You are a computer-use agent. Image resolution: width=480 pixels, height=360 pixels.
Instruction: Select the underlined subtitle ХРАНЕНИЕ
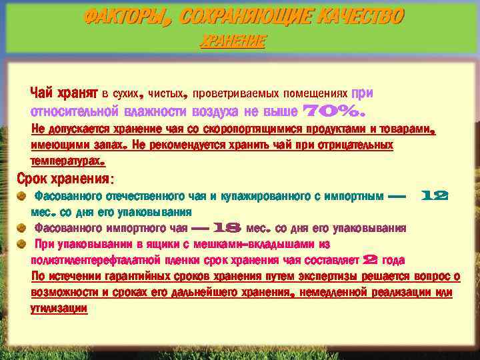(233, 42)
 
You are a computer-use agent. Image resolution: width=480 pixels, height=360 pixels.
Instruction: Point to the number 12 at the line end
(434, 196)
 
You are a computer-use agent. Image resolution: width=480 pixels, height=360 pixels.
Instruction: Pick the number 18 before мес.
(228, 228)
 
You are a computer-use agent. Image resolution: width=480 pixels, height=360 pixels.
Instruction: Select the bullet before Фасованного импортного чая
(22, 227)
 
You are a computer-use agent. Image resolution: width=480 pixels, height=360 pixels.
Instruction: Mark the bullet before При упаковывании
(22, 243)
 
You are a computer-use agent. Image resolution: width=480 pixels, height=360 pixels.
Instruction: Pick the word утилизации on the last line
(59, 308)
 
